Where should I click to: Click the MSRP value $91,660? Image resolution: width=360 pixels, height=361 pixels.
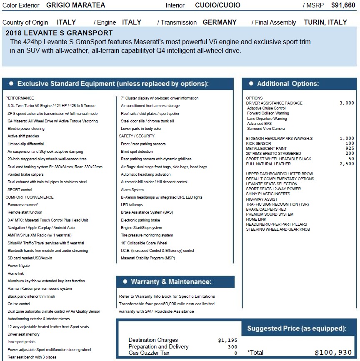coord(343,5)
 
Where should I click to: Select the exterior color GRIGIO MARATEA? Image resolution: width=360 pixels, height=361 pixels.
coord(75,5)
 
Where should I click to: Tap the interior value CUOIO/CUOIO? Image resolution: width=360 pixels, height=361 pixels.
coord(217,5)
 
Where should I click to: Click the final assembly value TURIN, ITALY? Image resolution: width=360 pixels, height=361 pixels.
coord(325,22)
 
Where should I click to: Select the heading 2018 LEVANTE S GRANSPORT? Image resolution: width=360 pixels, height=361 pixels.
coord(59,33)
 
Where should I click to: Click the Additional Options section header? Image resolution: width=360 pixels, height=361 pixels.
coord(287,84)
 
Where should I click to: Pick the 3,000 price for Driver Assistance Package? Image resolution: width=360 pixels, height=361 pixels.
coord(347,103)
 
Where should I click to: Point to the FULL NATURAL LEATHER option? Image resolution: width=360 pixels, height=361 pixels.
coord(268,164)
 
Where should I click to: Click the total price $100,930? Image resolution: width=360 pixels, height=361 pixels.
coord(333,353)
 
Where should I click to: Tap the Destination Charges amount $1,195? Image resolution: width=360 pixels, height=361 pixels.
coord(227,340)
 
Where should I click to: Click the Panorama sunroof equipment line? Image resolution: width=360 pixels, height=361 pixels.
coord(22,205)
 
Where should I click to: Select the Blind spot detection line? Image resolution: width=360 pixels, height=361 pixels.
coord(137,152)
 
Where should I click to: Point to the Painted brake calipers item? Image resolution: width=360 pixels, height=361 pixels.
coord(25,174)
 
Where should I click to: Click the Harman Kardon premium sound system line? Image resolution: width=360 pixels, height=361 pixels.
coord(40,289)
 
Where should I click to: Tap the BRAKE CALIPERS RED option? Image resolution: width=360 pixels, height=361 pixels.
coord(266,209)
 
